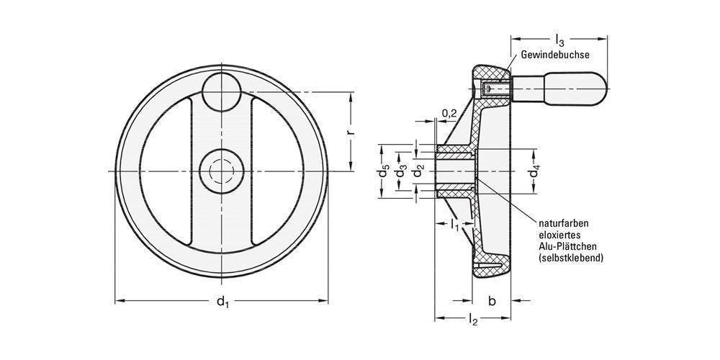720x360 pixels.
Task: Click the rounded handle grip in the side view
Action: click(x=575, y=91)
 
